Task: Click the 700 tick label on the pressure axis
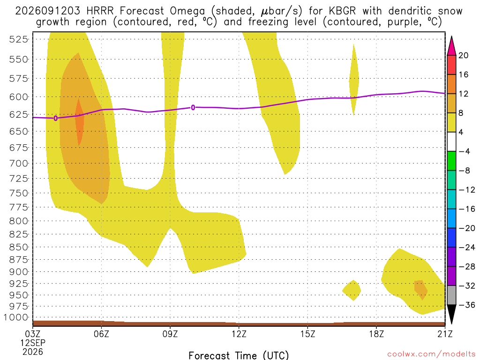pos(19,163)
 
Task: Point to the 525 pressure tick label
pos(19,39)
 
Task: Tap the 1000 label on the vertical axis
pos(15,317)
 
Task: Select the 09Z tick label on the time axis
pos(170,334)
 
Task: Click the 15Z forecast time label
pos(307,334)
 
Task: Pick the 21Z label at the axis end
pos(445,334)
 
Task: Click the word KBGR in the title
pos(342,11)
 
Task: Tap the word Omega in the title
pos(187,12)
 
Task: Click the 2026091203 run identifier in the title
pos(48,11)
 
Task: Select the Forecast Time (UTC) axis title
pos(239,355)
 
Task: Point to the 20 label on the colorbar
pos(463,55)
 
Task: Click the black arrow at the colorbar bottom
pos(451,314)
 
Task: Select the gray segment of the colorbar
pos(451,295)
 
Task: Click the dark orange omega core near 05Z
pos(79,122)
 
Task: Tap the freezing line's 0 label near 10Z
pos(193,107)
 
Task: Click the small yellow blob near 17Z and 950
pos(352,290)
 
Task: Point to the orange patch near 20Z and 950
pos(420,289)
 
